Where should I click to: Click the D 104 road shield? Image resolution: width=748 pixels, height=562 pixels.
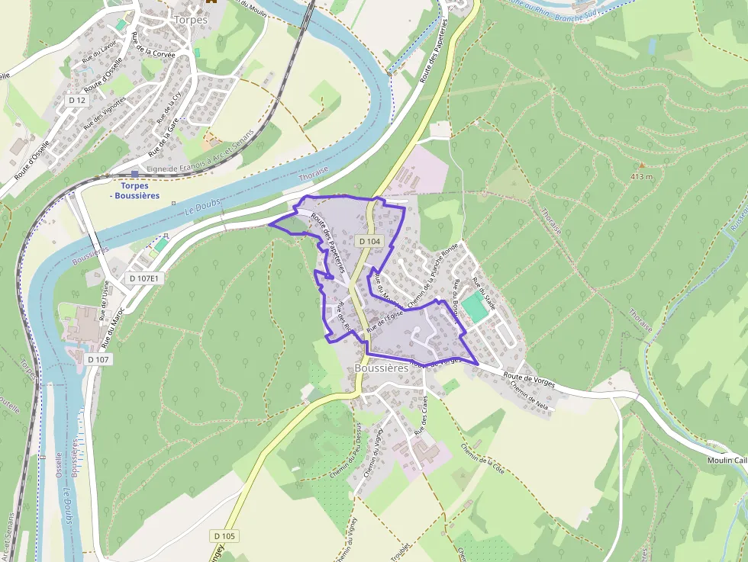[x=369, y=241]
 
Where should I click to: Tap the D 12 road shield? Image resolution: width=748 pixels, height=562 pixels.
[x=76, y=100]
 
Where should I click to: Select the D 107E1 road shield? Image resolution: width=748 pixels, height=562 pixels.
[x=143, y=278]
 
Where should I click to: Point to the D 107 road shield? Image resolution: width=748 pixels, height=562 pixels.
[x=98, y=358]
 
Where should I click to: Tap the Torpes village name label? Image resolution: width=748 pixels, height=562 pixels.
[x=190, y=19]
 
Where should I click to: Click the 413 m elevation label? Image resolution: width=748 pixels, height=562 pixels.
[x=642, y=176]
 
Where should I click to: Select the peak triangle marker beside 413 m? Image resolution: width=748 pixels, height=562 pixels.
[x=642, y=165]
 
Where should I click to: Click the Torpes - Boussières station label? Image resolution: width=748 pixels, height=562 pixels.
[x=134, y=191]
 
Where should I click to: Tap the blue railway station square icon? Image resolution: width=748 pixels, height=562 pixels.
[x=135, y=174]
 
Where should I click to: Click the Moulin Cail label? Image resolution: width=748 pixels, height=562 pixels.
[x=726, y=460]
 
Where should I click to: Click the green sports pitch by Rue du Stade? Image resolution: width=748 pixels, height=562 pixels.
[x=473, y=307]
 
